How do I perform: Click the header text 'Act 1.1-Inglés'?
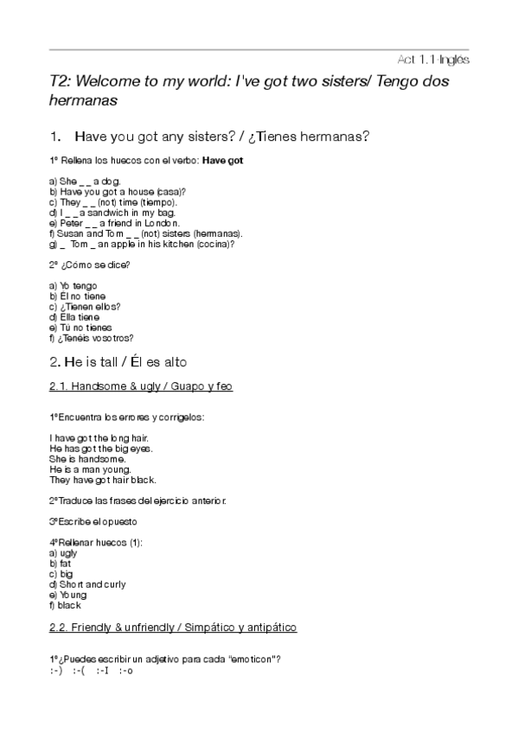432,60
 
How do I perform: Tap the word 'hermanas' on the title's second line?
83,100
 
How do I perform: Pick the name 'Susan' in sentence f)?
70,233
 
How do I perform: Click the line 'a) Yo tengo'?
74,285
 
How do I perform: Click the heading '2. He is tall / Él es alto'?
118,361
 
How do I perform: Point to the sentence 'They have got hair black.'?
103,480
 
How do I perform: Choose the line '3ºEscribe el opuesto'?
93,521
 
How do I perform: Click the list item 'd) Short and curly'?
87,584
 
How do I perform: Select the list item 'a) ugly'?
63,552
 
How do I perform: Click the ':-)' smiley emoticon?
56,671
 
